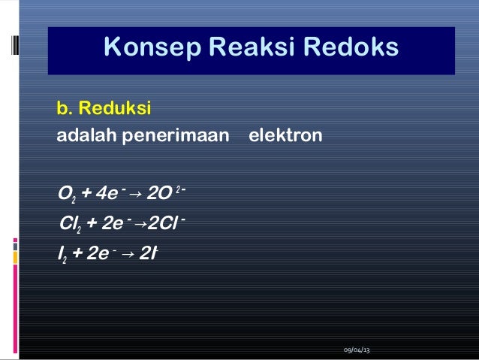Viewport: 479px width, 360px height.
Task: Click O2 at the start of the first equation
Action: (66, 196)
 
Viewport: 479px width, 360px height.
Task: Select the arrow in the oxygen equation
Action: (135, 196)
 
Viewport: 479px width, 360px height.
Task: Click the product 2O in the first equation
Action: (158, 195)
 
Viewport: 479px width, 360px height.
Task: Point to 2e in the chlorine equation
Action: (116, 222)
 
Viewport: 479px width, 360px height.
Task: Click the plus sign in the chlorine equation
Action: (92, 222)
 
